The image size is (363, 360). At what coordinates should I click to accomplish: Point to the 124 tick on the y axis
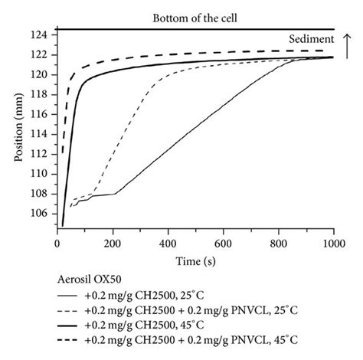click(45, 35)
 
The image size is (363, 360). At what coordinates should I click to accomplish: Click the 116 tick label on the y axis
click(45, 114)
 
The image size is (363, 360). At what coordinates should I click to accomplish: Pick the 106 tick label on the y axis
click(45, 214)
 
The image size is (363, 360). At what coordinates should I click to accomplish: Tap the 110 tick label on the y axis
click(45, 174)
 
